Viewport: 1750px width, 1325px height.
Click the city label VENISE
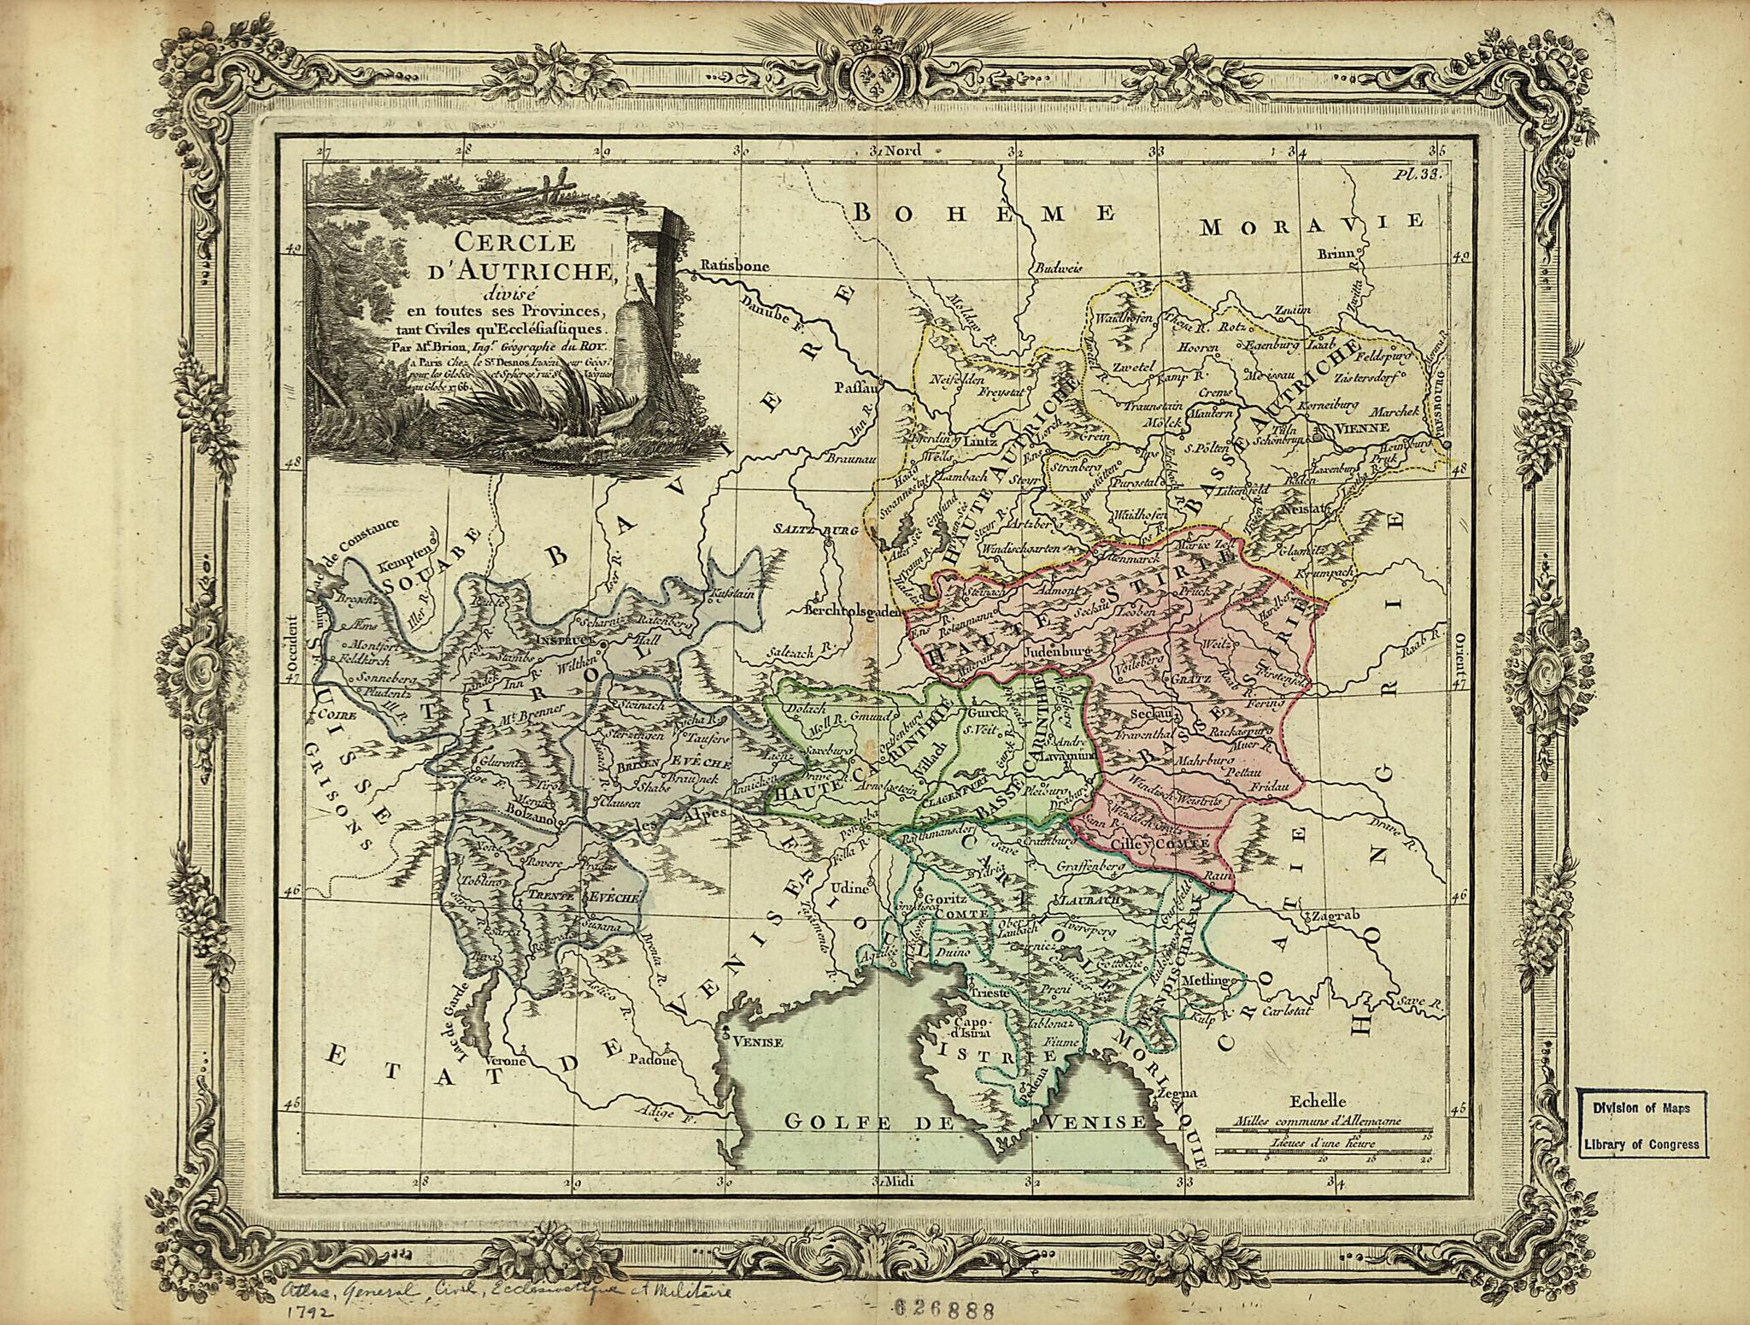click(753, 1041)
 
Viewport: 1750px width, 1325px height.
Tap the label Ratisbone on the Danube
click(734, 266)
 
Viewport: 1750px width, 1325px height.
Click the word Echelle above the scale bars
click(1319, 1102)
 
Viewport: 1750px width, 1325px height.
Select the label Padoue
click(652, 1061)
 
